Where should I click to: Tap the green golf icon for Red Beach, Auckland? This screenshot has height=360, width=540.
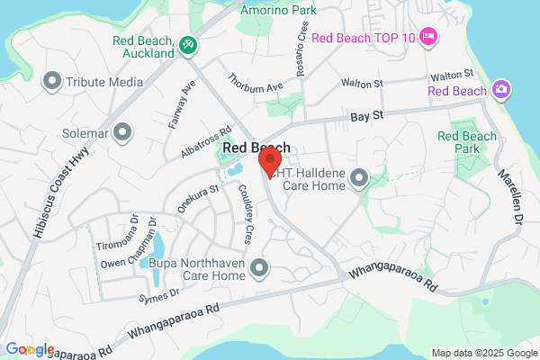point(188,44)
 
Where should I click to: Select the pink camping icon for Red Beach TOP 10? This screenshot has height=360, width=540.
point(428,37)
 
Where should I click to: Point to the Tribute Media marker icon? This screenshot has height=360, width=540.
point(52,82)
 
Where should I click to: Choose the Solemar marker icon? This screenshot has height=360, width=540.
point(122,134)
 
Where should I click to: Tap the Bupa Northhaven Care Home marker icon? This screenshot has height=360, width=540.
point(260,266)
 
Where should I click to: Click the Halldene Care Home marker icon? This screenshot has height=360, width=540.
point(360,177)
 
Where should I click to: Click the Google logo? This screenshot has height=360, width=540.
point(29,349)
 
